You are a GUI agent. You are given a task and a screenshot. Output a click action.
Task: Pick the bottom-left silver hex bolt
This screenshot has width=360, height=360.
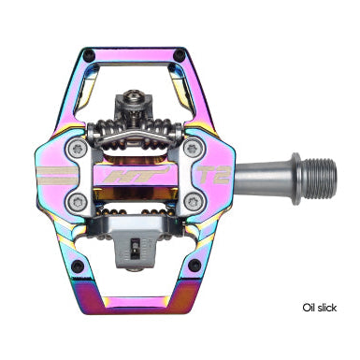pos(79,202)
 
